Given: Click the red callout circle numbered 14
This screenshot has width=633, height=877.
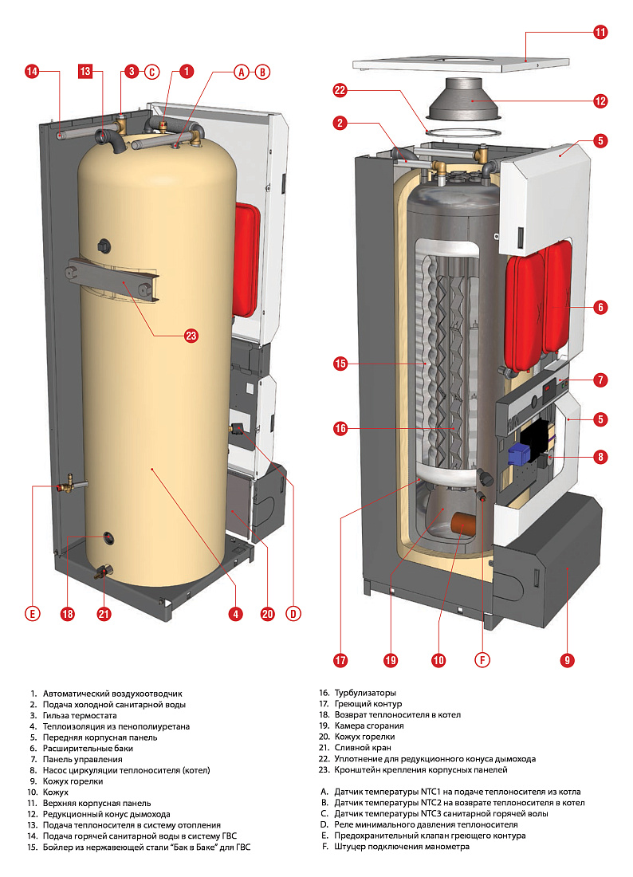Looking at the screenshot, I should tap(32, 72).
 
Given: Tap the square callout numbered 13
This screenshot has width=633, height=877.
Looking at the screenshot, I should tap(86, 72).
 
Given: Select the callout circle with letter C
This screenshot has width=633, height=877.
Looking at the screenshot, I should tap(151, 72).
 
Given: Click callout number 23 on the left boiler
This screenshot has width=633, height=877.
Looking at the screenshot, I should tap(191, 336).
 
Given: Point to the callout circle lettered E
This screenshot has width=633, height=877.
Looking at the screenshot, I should tap(32, 613).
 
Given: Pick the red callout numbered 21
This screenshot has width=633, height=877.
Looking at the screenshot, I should tap(104, 613).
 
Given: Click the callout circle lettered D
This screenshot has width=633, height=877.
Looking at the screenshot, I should tap(294, 613).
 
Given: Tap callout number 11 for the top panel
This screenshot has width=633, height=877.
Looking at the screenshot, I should tap(600, 33).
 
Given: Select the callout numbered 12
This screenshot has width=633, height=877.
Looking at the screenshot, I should tap(600, 101).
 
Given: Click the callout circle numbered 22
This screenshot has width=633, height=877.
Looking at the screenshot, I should tap(340, 91).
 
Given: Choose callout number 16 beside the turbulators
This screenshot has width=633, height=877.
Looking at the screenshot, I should tap(340, 429).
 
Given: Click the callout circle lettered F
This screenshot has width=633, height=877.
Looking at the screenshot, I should tap(482, 660).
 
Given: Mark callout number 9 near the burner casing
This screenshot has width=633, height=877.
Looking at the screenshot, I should tap(567, 660).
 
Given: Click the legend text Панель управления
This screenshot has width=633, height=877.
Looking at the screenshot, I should tap(83, 760).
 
